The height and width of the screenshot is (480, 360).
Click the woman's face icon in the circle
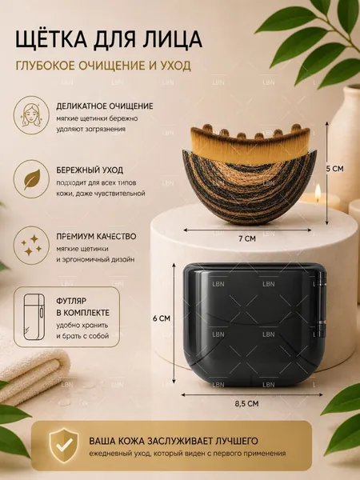(31, 114)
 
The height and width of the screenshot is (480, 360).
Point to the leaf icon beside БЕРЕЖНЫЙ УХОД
(31, 179)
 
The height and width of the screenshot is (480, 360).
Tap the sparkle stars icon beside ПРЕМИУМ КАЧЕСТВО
(31, 245)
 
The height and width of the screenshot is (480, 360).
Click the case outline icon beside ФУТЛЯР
(34, 317)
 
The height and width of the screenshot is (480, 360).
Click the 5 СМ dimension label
(334, 169)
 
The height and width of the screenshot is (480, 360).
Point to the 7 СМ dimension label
(247, 238)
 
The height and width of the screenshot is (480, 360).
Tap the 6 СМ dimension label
(162, 318)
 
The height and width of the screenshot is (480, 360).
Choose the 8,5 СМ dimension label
(246, 404)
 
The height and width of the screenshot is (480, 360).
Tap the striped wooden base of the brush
(249, 186)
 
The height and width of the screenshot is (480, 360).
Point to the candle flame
(318, 190)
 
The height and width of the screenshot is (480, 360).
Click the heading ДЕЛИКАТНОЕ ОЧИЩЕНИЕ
(104, 106)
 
